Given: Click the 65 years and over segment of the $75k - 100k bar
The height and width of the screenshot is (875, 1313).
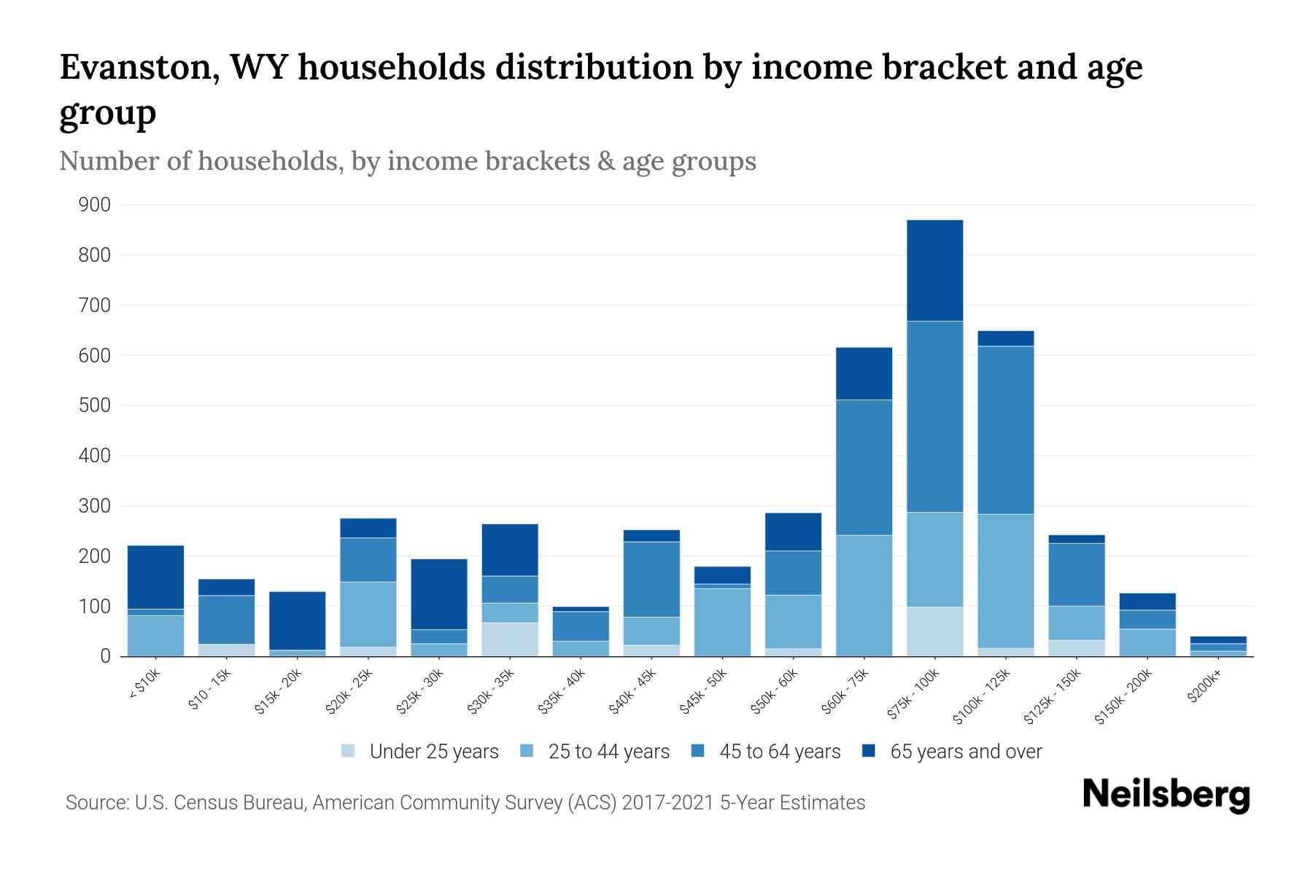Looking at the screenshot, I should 934,271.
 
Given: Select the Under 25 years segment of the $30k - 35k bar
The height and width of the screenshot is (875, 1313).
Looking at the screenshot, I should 510,639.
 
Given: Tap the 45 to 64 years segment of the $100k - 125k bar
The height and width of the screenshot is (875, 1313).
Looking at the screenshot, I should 1005,430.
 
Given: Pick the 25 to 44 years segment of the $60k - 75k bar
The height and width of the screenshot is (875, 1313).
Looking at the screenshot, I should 864,596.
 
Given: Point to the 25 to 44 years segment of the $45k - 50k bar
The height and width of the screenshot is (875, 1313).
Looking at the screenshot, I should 722,622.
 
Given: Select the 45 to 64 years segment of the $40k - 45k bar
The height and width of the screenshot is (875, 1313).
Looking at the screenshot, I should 651,580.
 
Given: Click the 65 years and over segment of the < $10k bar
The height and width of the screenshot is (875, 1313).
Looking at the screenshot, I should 155,577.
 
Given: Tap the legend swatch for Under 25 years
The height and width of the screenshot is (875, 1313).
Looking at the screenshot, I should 349,751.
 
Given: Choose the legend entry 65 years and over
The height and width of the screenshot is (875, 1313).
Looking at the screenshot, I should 966,752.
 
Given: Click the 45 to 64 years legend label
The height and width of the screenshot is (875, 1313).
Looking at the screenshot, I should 780,752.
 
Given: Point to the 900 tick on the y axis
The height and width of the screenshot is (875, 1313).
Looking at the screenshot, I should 95,205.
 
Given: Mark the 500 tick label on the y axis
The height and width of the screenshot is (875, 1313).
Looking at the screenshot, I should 95,405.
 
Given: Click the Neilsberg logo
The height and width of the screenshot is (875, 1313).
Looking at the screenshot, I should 1166,795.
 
